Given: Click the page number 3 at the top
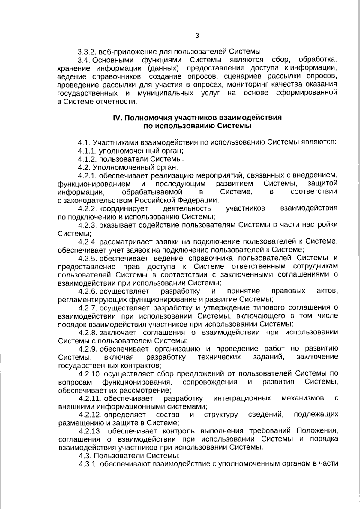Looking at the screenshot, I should pos(197,36).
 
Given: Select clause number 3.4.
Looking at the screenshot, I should pos(84,59).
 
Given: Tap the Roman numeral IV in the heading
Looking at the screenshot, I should pos(117,118).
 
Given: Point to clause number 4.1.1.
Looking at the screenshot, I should pos(88,151).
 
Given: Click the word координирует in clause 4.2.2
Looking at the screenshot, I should pos(127,208).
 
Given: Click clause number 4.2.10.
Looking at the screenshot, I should pos(90,373).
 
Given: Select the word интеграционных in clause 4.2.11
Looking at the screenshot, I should pos(242,398).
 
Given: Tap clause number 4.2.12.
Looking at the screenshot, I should pos(90,415).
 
